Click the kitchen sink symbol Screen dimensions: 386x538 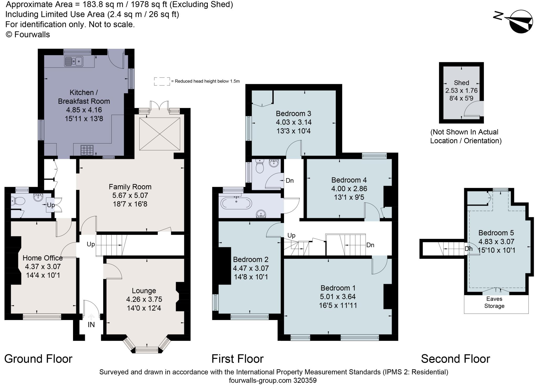click(74, 62)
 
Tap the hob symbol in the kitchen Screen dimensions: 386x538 click(87, 150)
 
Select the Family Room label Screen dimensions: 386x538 click(130, 187)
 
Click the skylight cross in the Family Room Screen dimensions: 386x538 click(160, 134)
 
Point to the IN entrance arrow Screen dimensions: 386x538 click(91, 317)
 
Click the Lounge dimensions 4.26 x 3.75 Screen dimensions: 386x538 click(144, 299)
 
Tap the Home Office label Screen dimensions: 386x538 click(43, 258)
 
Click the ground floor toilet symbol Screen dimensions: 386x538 click(18, 201)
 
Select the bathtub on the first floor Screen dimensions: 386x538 click(236, 204)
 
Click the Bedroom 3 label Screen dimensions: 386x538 click(293, 114)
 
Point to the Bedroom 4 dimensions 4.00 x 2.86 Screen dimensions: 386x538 click(349, 189)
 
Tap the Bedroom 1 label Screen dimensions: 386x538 click(338, 288)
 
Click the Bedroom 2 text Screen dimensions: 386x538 click(251, 260)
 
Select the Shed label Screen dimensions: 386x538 click(461, 83)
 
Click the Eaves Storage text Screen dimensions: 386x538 click(494, 302)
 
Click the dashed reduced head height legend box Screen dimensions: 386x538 click(162, 81)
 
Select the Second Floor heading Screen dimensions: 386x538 click(456, 359)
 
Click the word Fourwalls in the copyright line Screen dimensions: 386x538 click(32, 34)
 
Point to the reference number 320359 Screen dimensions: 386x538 click(305, 380)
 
